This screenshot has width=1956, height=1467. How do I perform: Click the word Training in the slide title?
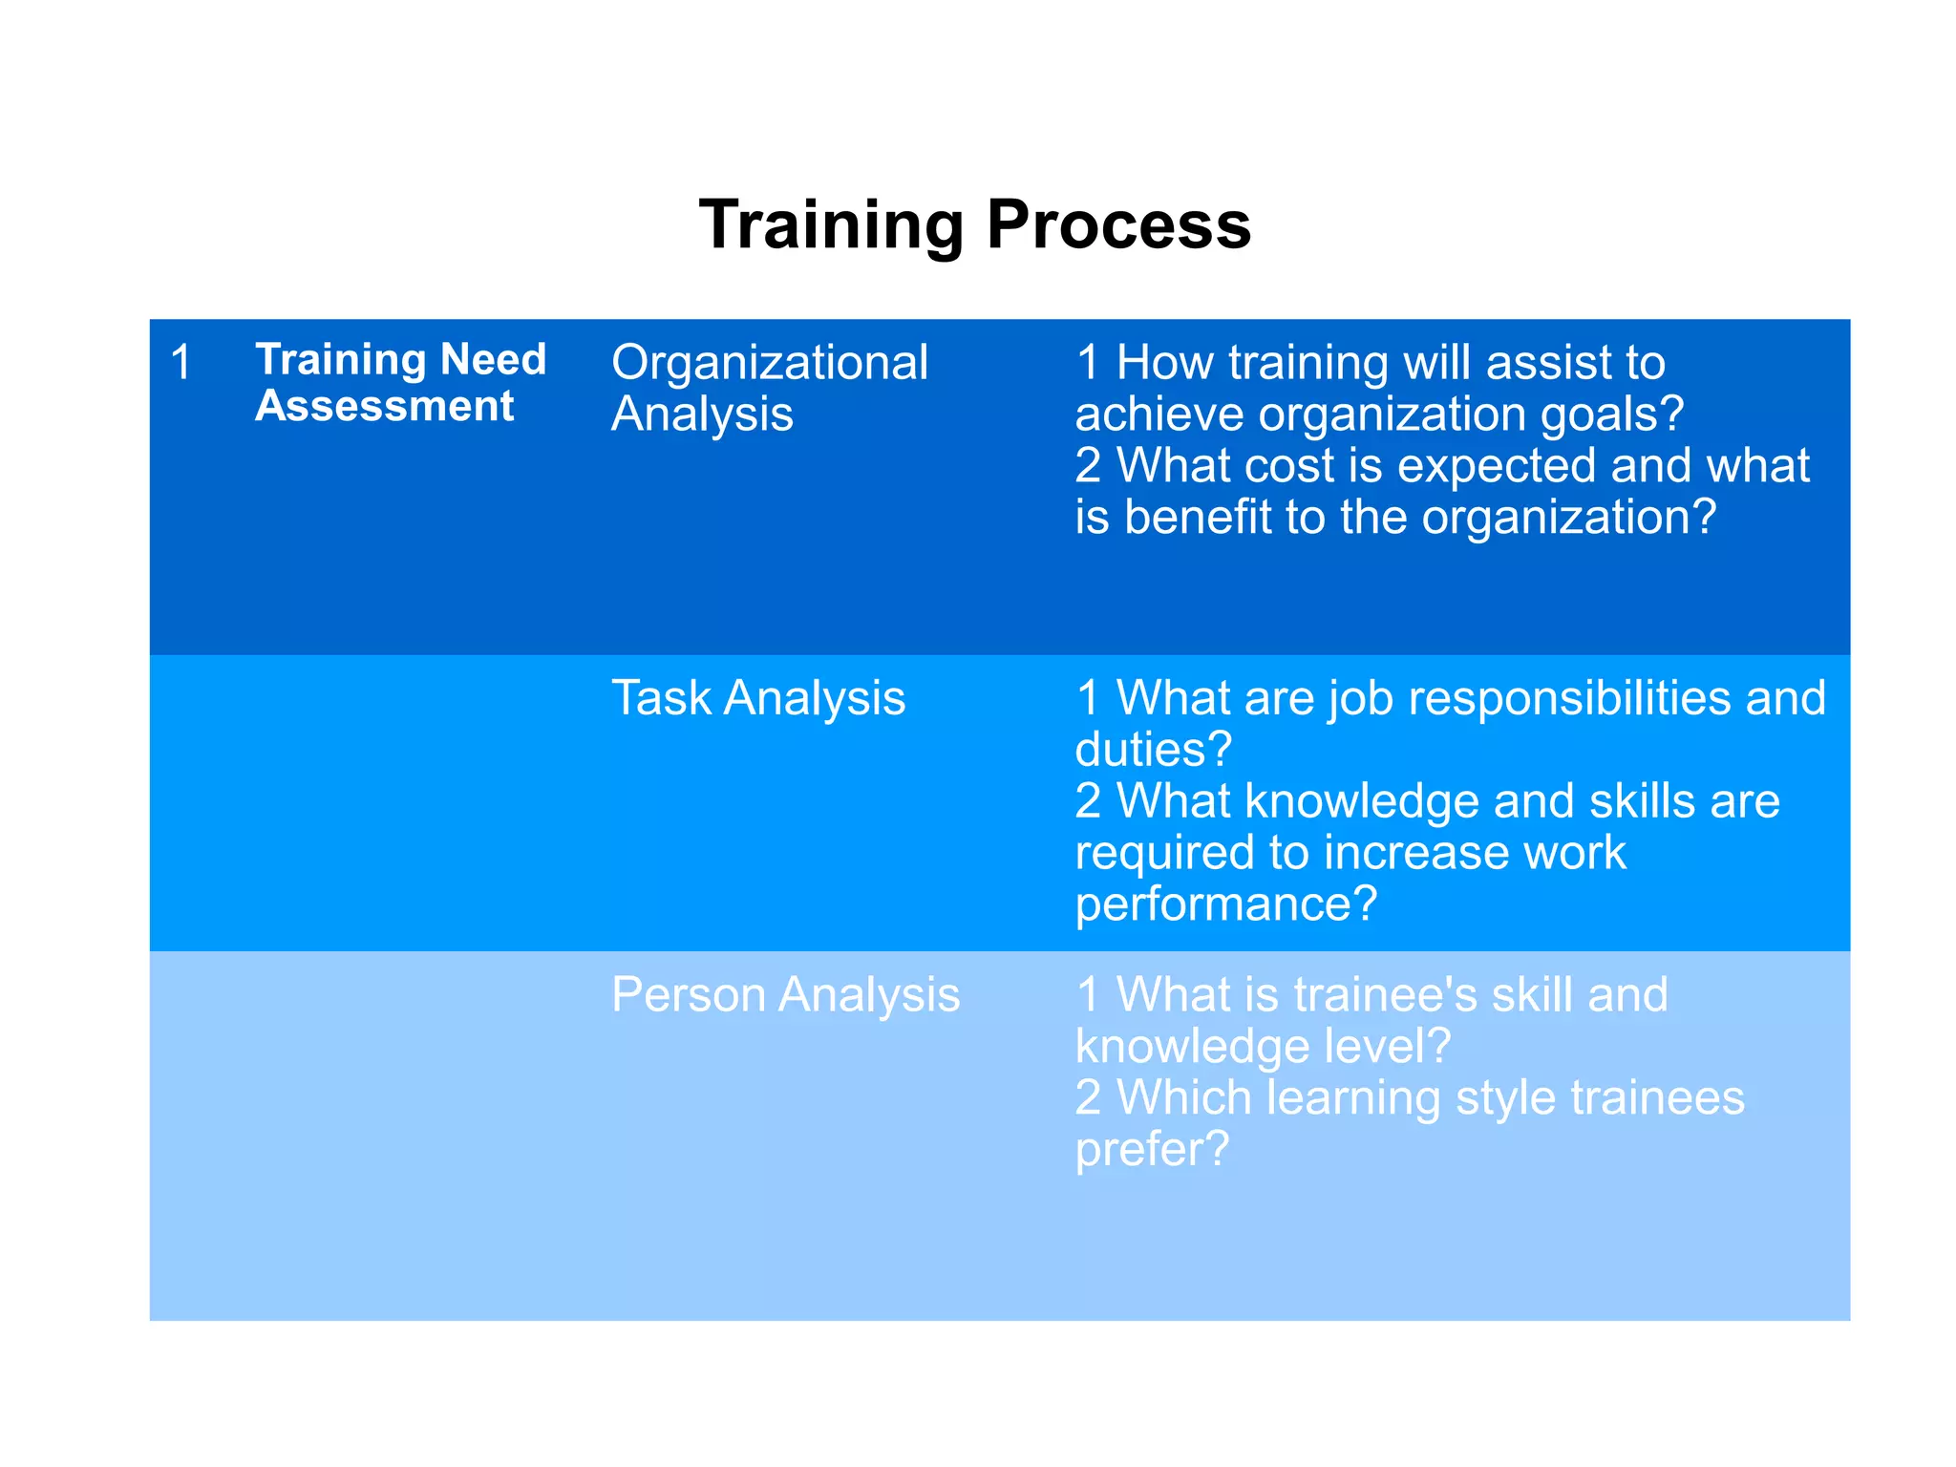click(831, 225)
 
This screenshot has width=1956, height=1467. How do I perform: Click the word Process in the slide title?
click(1118, 225)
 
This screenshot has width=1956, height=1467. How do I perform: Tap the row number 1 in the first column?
click(181, 363)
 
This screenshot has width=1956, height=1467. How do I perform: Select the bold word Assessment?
click(384, 406)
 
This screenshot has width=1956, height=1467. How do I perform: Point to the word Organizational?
click(769, 363)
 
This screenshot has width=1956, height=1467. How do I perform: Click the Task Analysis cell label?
click(757, 697)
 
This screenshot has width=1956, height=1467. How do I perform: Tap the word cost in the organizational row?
click(1290, 466)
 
